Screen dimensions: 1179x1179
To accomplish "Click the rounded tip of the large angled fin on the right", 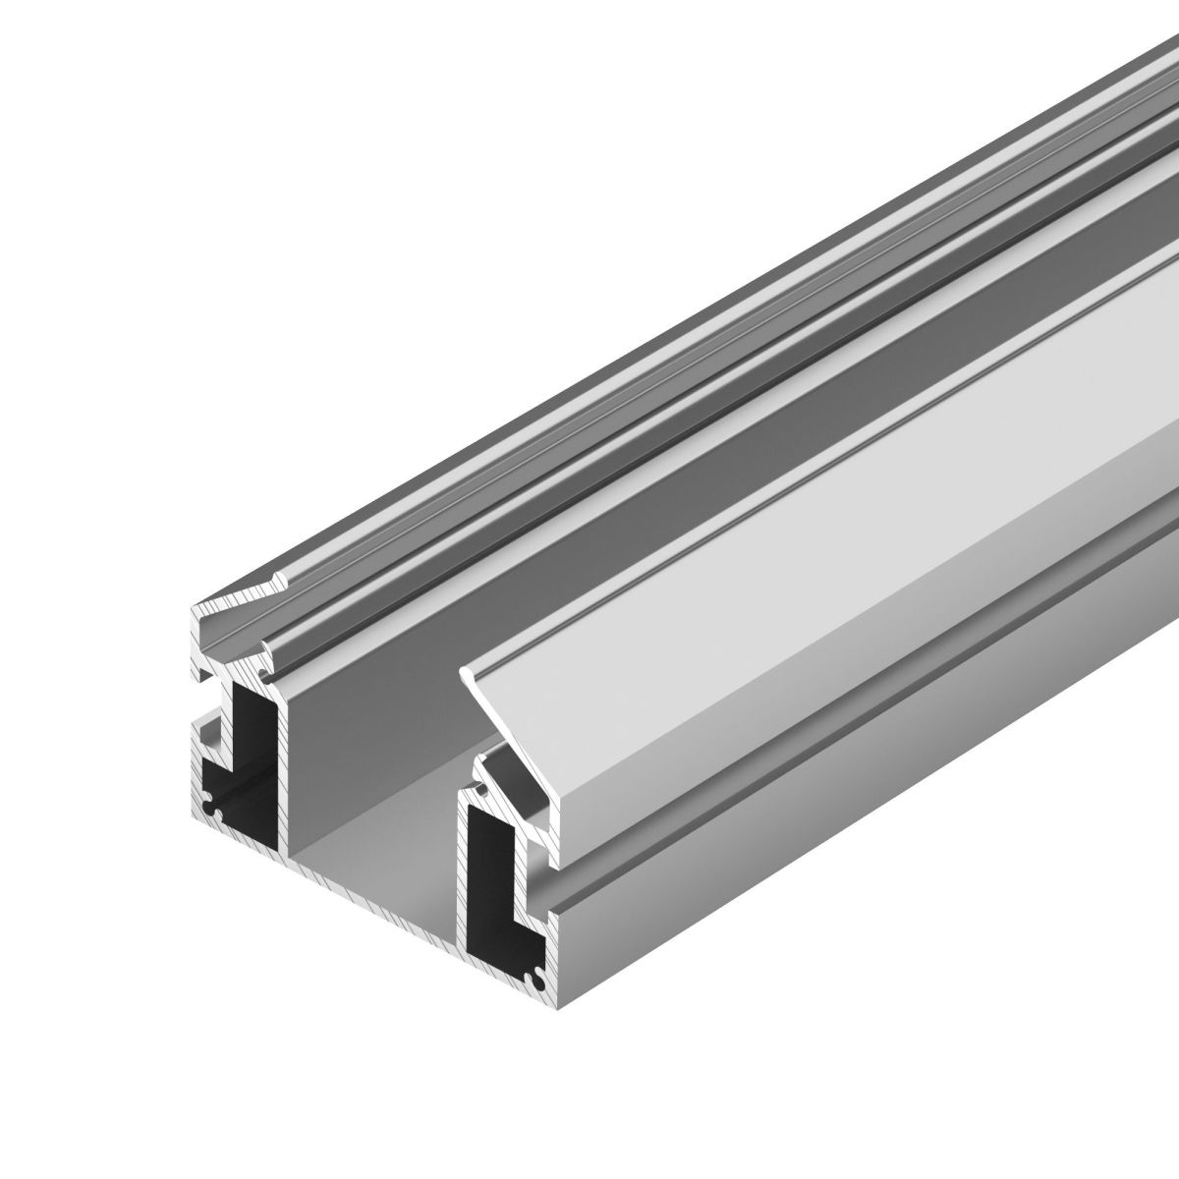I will click(468, 670).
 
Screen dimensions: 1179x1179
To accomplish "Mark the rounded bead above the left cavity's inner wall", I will click(270, 648).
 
